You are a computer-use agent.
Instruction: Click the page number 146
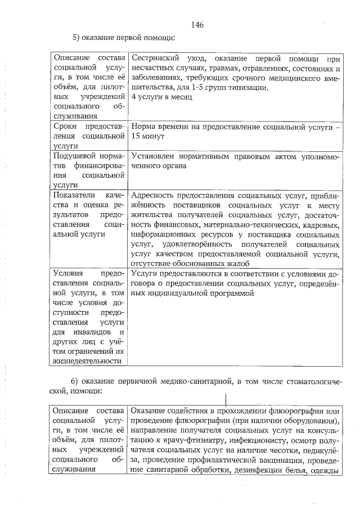[x=196, y=24]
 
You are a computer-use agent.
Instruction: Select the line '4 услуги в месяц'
[x=161, y=97]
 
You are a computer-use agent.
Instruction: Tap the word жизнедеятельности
[x=87, y=361]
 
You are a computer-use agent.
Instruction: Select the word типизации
[x=250, y=87]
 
